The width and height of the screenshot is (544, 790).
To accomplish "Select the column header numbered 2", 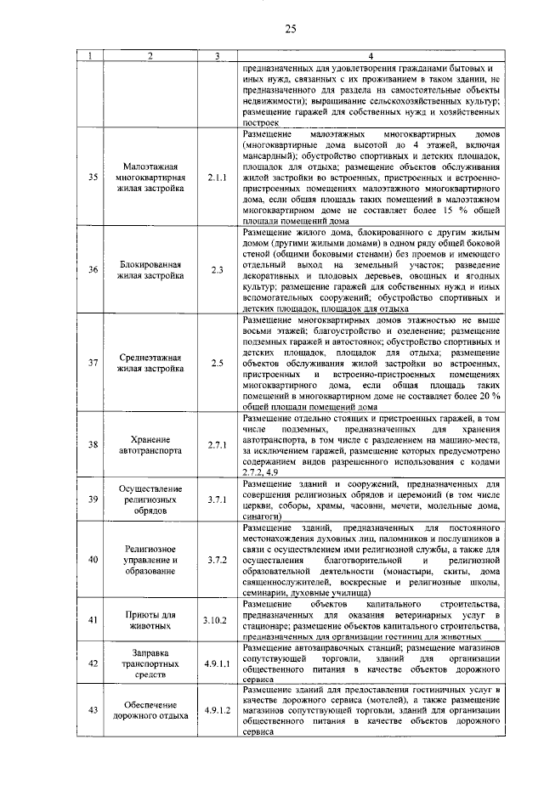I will pyautogui.click(x=150, y=57).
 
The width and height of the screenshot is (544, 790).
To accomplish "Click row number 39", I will pyautogui.click(x=93, y=499).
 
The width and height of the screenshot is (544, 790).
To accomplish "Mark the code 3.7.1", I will pyautogui.click(x=218, y=499).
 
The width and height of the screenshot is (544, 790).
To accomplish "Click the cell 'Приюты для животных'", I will pyautogui.click(x=150, y=620).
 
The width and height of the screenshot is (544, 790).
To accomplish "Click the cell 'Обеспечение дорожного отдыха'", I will pyautogui.click(x=150, y=709).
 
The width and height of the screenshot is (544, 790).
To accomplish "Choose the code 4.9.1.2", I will pyautogui.click(x=218, y=709).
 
